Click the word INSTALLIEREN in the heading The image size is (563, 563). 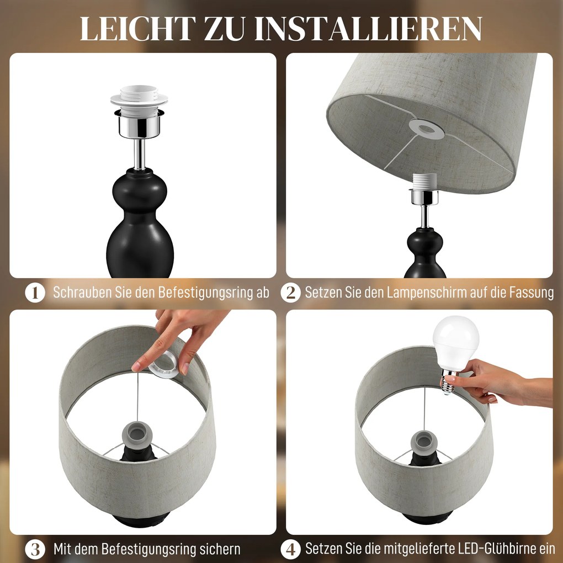coord(368,29)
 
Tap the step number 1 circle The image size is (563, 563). coord(35,293)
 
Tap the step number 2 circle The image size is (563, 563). coord(290,293)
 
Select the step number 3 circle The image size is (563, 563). coord(35,549)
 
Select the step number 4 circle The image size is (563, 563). coord(290,549)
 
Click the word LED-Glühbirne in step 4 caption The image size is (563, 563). coord(488,549)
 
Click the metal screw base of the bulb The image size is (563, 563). coord(449,382)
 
